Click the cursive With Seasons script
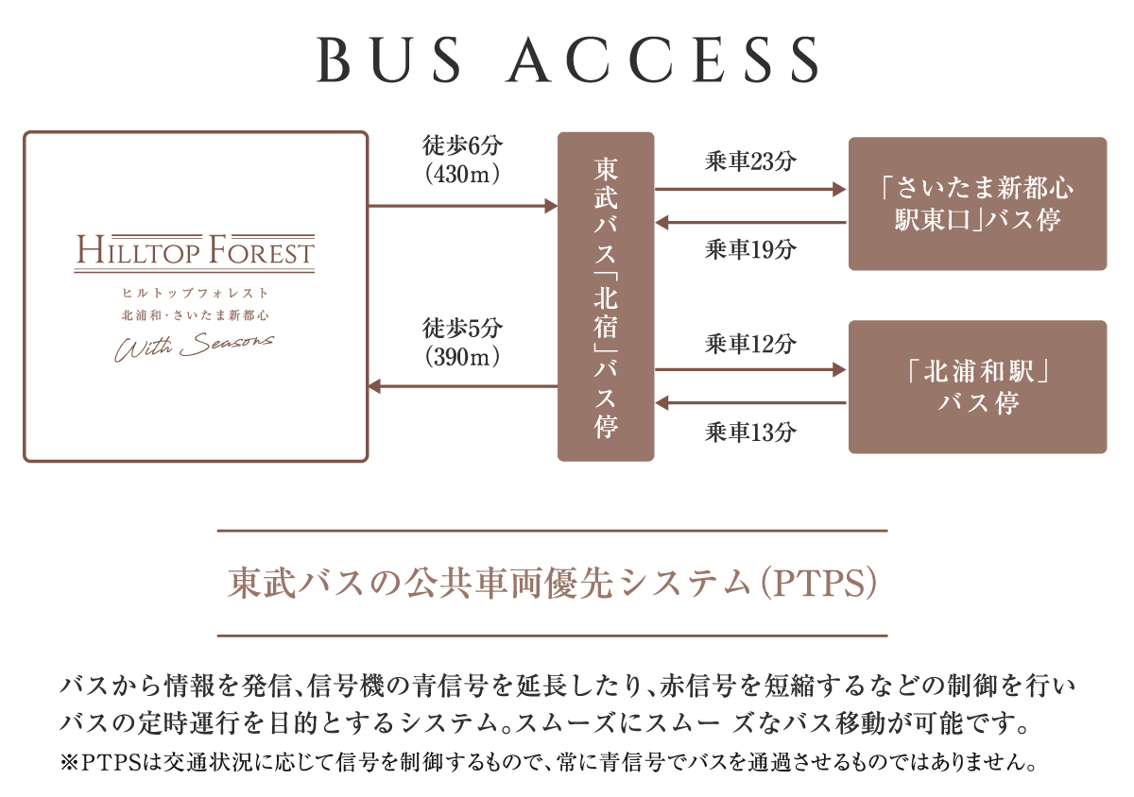[195, 347]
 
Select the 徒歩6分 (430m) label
[462, 160]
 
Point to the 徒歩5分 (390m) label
[462, 342]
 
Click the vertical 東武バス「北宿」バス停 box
[606, 297]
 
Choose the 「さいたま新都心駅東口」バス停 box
[977, 204]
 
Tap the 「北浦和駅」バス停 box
[977, 387]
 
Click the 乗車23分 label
[750, 161]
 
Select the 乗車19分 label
[750, 249]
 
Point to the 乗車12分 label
[750, 345]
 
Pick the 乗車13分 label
[750, 432]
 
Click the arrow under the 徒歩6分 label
[462, 205]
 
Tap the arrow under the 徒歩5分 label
[462, 386]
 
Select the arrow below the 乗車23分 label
[750, 190]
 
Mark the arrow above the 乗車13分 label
[750, 403]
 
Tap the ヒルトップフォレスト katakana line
[196, 293]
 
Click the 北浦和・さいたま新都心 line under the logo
[196, 314]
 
